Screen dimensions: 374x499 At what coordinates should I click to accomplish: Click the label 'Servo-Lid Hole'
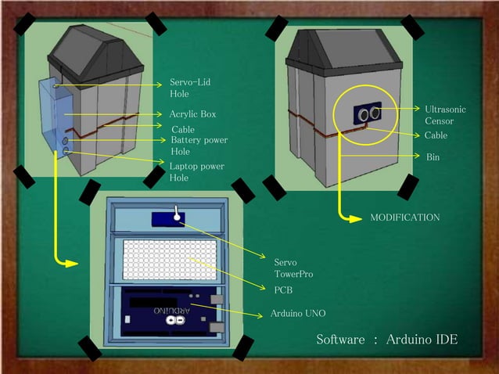pyautogui.click(x=189, y=88)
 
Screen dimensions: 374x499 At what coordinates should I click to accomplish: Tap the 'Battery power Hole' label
pyautogui.click(x=199, y=146)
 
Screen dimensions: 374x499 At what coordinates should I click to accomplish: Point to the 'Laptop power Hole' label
pyautogui.click(x=196, y=171)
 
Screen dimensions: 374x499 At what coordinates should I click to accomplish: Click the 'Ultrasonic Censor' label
pyautogui.click(x=444, y=115)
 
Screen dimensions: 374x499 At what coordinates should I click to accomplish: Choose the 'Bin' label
pyautogui.click(x=433, y=157)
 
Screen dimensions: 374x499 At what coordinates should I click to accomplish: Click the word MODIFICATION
pyautogui.click(x=404, y=217)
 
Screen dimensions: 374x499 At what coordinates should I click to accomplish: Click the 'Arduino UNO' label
pyautogui.click(x=297, y=313)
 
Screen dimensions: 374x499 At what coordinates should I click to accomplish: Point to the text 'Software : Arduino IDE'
pyautogui.click(x=386, y=340)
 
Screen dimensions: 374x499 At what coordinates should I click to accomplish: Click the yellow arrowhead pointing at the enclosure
pyautogui.click(x=71, y=263)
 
